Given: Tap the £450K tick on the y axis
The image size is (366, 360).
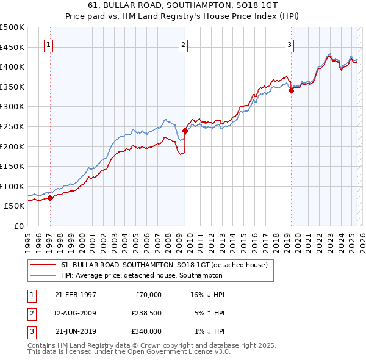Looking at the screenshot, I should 13,47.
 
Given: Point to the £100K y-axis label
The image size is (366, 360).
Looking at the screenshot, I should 13,187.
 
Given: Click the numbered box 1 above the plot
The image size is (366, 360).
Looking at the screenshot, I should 48,44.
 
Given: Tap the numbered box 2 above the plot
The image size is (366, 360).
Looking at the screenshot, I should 183,44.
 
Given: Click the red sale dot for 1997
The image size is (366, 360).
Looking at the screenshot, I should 51,198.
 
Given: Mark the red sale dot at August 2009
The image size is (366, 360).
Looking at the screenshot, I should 185,131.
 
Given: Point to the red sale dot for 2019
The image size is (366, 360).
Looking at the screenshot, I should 291,90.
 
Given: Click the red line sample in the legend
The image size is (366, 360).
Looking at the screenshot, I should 44,265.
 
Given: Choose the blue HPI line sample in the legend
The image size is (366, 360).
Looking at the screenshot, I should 44,276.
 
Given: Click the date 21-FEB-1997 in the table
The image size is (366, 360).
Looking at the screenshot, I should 76,295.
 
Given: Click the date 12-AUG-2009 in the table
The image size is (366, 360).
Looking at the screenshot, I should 76,313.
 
